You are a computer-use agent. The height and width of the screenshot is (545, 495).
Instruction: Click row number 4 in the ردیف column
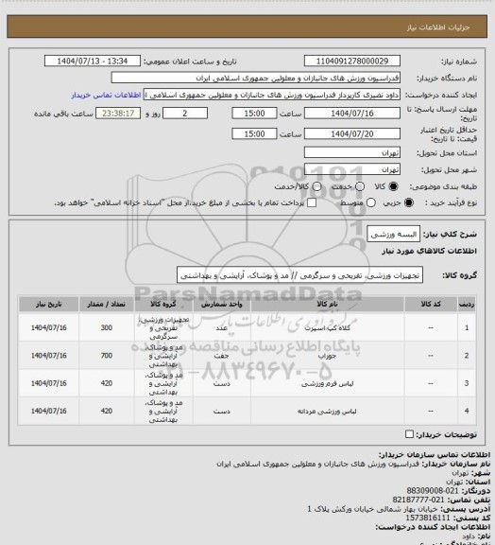point(469,412)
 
